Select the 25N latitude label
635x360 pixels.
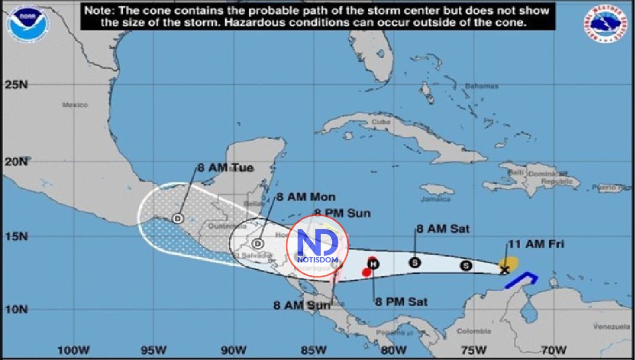[x=15, y=84]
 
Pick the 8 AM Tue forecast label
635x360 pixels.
[x=225, y=168]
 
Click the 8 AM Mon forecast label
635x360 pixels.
[x=306, y=197]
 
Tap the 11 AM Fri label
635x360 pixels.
[x=536, y=244]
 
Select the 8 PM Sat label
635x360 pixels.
[x=401, y=302]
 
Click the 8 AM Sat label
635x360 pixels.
[x=443, y=229]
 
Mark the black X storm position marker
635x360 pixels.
[x=504, y=270]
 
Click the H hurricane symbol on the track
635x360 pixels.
[x=373, y=264]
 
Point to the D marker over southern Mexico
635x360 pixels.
[x=178, y=218]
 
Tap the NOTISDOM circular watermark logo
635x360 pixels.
[x=317, y=246]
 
